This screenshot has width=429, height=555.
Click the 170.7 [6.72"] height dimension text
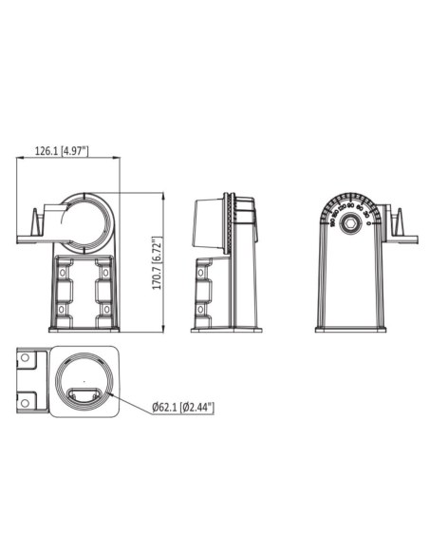point(157,262)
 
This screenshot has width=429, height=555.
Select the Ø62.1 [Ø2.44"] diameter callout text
point(183,408)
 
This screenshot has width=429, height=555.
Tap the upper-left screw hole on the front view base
point(65,273)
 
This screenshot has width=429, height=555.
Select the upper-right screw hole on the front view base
point(106,273)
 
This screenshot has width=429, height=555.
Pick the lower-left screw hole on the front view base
point(65,310)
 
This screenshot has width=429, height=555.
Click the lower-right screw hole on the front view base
point(106,310)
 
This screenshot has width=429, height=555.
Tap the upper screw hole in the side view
point(202,273)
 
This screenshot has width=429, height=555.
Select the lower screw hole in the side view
point(202,309)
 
